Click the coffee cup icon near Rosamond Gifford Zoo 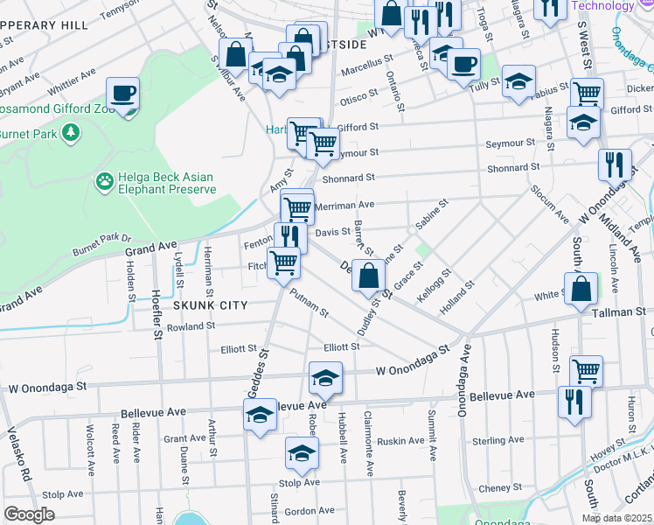[x=123, y=93]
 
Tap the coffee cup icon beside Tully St [x=463, y=62]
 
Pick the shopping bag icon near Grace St [x=369, y=275]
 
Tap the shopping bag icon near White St [x=581, y=290]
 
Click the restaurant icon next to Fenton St [x=289, y=237]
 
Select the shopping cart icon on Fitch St [x=283, y=262]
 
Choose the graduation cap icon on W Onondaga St [x=325, y=378]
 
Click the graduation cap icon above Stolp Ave [x=302, y=453]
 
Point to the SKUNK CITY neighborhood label [x=211, y=305]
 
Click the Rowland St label [x=192, y=326]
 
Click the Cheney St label [x=500, y=488]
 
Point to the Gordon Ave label [x=310, y=511]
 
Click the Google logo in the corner [x=29, y=514]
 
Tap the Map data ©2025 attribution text [x=617, y=518]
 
